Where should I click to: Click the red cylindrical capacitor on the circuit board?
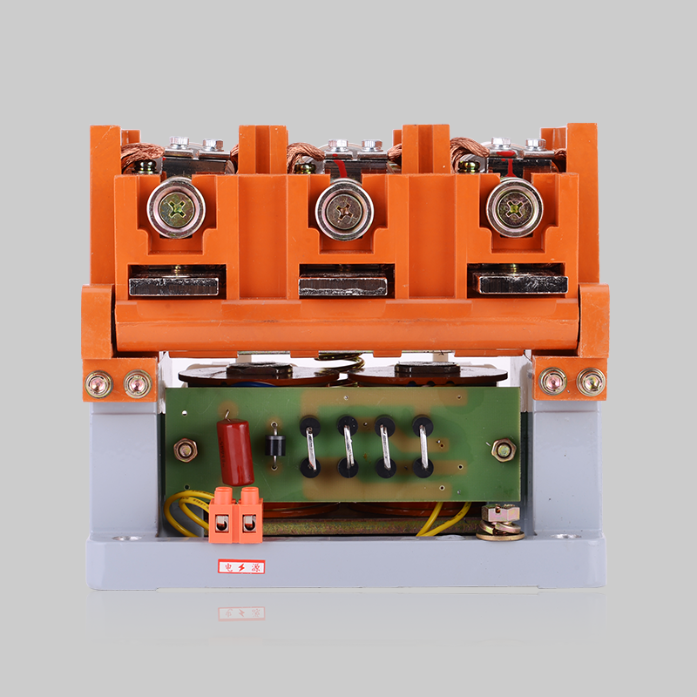[x=235, y=452]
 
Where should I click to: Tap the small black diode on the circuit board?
[x=275, y=445]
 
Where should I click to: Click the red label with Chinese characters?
[x=241, y=567]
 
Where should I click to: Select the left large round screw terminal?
[x=177, y=207]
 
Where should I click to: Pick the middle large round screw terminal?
[x=344, y=210]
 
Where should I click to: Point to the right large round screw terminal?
[x=514, y=207]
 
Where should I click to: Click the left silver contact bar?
[x=173, y=287]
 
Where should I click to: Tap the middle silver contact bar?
[x=342, y=287]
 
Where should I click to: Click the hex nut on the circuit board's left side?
[x=186, y=450]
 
